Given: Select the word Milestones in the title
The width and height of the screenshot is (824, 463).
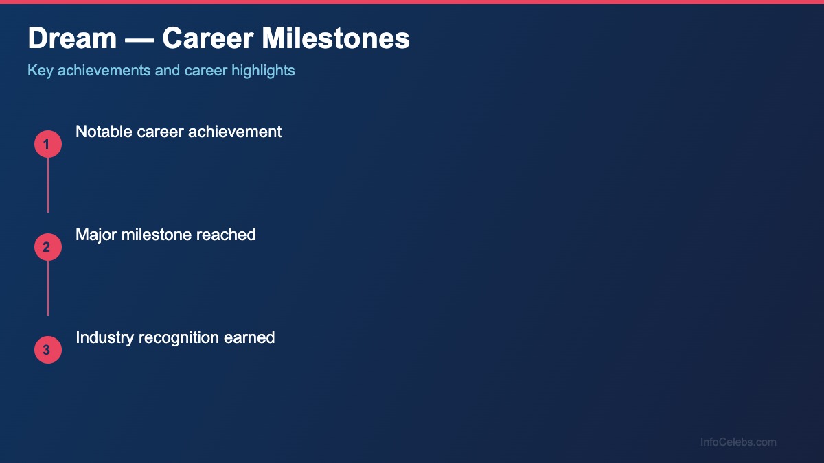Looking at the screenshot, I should point(336,39).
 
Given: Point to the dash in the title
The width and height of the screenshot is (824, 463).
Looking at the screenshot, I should point(139,39).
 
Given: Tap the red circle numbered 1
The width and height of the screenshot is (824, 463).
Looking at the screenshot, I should point(47,144).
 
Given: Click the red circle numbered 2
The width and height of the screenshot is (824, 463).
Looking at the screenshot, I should point(47,247).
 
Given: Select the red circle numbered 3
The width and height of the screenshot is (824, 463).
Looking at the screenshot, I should point(47,350).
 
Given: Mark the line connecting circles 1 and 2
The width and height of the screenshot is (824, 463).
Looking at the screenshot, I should point(47,185).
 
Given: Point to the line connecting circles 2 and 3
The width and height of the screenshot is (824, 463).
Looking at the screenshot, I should point(47,288).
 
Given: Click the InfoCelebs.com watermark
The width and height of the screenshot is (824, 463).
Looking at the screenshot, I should point(738,442).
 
